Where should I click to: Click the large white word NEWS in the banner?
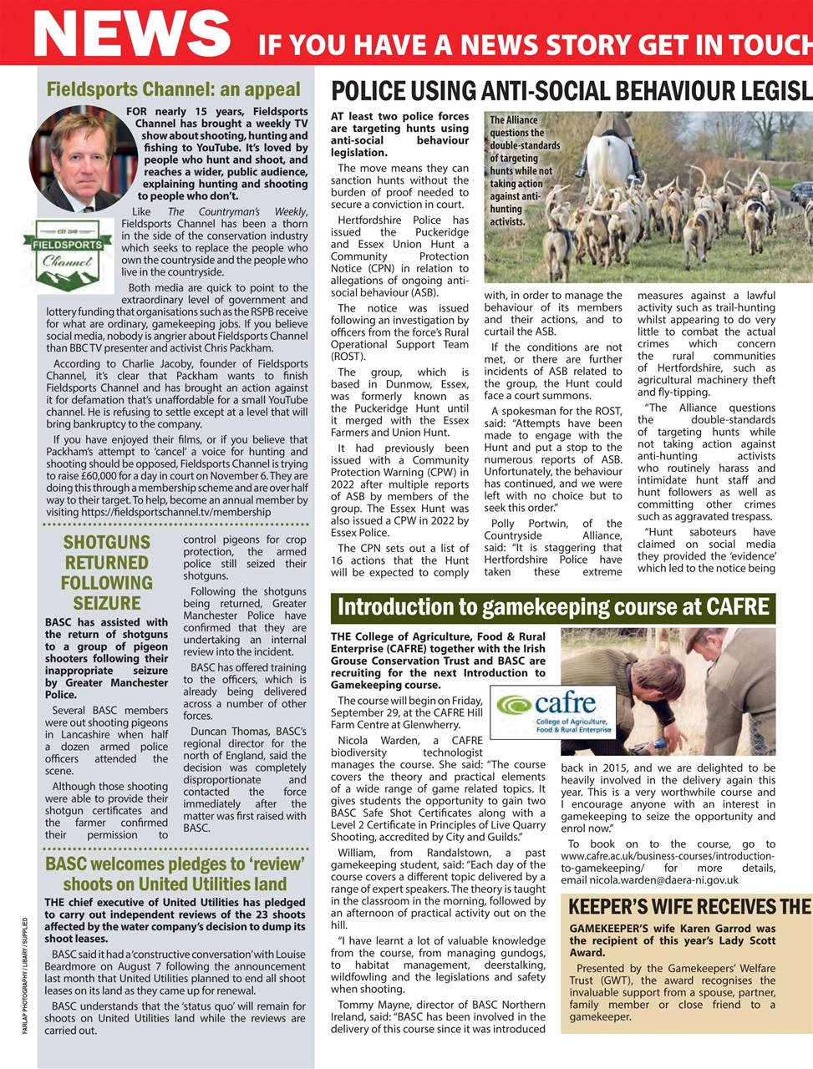131,33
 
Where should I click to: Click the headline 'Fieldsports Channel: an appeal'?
173,89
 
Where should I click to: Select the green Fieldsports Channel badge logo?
68,252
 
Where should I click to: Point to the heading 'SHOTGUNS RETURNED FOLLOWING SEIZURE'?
107,572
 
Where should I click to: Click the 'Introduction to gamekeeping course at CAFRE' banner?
552,607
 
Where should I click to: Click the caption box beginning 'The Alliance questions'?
525,171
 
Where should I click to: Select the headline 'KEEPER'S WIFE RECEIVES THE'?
689,907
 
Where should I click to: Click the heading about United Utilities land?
175,873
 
